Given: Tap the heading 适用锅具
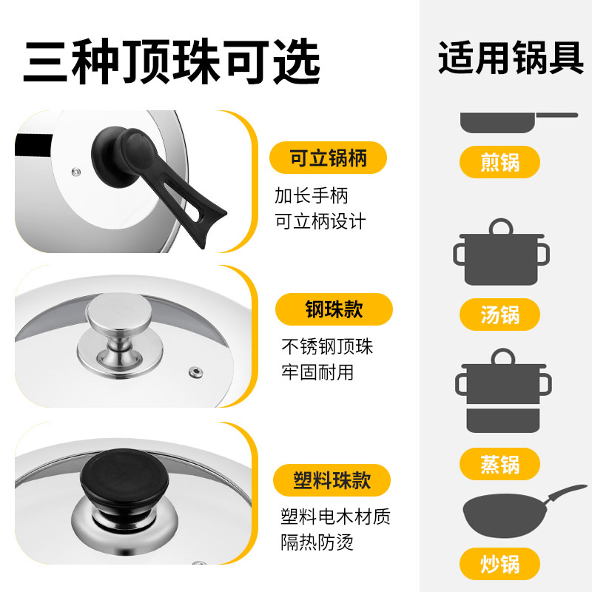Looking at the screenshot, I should coord(511,58).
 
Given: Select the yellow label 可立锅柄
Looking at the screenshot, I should coord(328,158).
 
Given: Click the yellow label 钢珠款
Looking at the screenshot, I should coord(334,309).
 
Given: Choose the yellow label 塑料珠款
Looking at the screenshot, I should coord(332,480).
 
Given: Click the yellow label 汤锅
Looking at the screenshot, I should coord(500,314).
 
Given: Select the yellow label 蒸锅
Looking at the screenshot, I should coord(500,465).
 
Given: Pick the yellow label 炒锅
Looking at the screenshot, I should coord(500,565).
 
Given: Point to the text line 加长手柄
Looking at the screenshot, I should coord(311,196).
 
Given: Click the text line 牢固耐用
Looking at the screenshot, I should coord(317,372).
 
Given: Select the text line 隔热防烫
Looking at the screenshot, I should coord(317,542).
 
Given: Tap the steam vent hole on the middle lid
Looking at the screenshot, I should coord(196,370).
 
